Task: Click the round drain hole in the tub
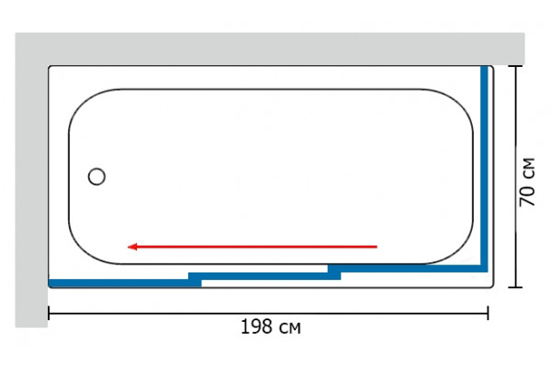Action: [x=96, y=176]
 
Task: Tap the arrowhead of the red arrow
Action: [x=131, y=247]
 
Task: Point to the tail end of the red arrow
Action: [x=377, y=247]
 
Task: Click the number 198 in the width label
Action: [x=256, y=327]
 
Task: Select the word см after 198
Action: [x=290, y=328]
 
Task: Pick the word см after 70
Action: [x=529, y=169]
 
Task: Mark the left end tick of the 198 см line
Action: [x=49, y=313]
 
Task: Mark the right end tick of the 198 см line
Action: [x=488, y=313]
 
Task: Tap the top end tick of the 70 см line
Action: [x=515, y=66]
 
